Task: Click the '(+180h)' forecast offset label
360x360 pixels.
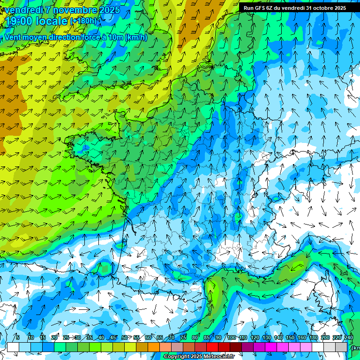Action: pos(83,21)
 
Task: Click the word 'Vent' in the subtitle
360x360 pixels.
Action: pos(13,37)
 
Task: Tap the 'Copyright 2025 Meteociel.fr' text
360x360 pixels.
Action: pos(199,357)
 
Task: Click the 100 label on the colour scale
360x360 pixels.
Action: pos(232,338)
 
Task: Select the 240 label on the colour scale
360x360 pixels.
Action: pos(349,338)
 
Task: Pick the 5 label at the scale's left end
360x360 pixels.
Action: pos(18,338)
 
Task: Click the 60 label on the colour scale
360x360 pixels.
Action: pos(148,338)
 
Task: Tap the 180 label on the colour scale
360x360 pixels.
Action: pos(314,338)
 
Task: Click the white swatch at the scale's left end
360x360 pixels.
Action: pos(13,347)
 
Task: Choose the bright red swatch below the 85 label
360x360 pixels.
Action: pos(212,347)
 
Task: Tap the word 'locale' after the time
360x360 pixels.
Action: pos(53,22)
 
